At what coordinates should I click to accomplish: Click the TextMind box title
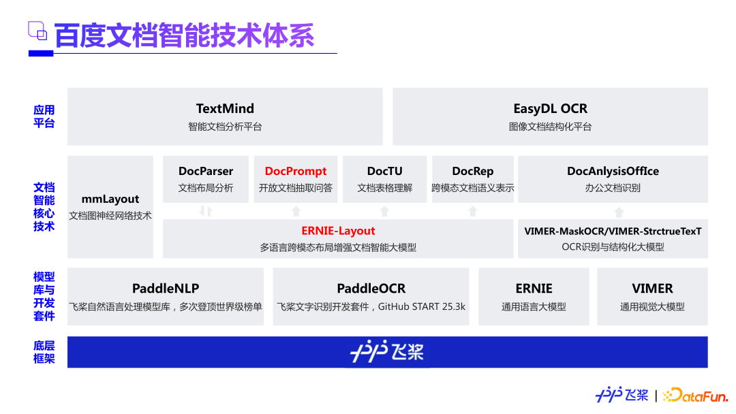pos(225,109)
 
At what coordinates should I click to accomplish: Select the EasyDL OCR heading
pos(550,109)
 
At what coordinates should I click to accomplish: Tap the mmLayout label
pos(110,200)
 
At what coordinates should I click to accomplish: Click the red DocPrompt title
pos(296,171)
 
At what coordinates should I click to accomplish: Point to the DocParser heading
pos(206,171)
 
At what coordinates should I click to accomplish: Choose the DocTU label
pos(384,171)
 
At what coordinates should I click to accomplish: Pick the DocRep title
pos(473,171)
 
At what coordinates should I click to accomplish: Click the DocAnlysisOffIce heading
pos(613,171)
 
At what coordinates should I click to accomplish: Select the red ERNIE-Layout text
pos(338,231)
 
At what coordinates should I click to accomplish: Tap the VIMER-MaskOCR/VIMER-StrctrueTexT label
pos(613,231)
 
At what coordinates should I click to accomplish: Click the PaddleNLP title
pos(165,288)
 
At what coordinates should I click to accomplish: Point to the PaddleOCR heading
pos(371,288)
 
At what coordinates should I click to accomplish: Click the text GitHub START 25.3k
pos(422,306)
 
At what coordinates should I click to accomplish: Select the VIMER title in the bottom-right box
pos(652,288)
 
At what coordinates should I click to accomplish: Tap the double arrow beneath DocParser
pos(206,211)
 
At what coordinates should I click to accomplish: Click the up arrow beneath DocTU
pos(384,211)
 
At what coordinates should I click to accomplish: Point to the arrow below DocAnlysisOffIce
pos(619,212)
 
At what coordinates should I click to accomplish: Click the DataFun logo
pos(695,395)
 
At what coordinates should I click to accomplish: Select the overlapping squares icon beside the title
pos(37,31)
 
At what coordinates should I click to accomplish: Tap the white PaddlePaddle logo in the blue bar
pos(387,351)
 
